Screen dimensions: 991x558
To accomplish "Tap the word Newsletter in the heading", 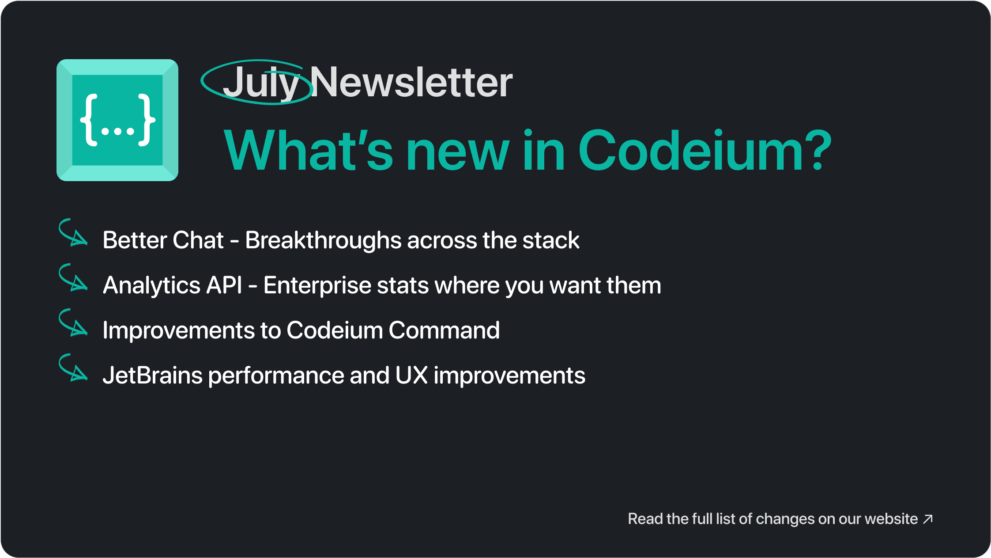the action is (x=411, y=82).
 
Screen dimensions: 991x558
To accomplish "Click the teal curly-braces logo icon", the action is (x=117, y=120).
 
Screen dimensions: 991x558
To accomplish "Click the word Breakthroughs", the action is (x=323, y=241).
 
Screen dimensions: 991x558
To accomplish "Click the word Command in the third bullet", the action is (x=444, y=330).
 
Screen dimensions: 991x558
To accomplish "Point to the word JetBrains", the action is (x=152, y=375).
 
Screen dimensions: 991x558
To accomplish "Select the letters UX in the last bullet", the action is (x=411, y=375).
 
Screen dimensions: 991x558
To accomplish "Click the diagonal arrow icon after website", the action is (x=928, y=519).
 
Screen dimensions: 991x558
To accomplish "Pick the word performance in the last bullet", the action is (x=276, y=376).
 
